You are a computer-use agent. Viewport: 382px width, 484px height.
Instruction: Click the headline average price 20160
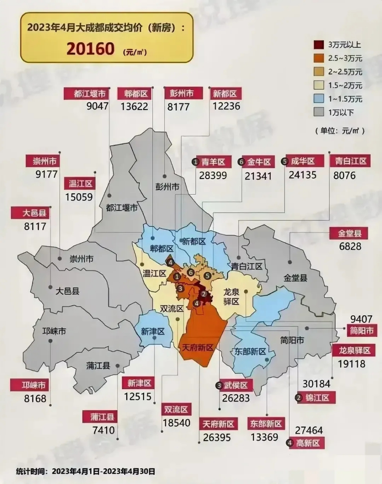pyautogui.click(x=91, y=49)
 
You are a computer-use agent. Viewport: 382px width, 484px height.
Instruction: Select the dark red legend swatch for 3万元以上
pyautogui.click(x=319, y=45)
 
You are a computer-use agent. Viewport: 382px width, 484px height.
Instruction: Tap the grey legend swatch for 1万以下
pyautogui.click(x=319, y=112)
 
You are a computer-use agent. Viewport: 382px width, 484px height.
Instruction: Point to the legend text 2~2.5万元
pyautogui.click(x=345, y=72)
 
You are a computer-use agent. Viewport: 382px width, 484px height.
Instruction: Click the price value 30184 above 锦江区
pyautogui.click(x=316, y=384)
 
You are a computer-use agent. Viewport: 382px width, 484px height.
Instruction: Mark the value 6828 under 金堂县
pyautogui.click(x=350, y=247)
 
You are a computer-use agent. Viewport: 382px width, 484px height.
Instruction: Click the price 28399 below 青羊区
pyautogui.click(x=213, y=175)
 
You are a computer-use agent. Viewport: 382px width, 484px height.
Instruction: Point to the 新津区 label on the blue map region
pyautogui.click(x=153, y=332)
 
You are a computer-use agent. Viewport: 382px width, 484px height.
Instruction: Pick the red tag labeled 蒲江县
pyautogui.click(x=100, y=417)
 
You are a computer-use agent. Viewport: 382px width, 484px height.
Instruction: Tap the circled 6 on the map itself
pyautogui.click(x=191, y=272)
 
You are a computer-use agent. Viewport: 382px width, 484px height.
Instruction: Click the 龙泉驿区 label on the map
pyautogui.click(x=231, y=296)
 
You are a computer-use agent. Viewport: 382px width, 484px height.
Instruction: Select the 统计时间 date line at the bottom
pyautogui.click(x=85, y=472)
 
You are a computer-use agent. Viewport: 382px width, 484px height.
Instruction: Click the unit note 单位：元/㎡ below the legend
pyautogui.click(x=339, y=131)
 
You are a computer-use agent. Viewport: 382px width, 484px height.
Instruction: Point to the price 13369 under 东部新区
pyautogui.click(x=264, y=437)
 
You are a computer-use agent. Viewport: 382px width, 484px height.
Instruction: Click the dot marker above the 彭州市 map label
pyautogui.click(x=164, y=176)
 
